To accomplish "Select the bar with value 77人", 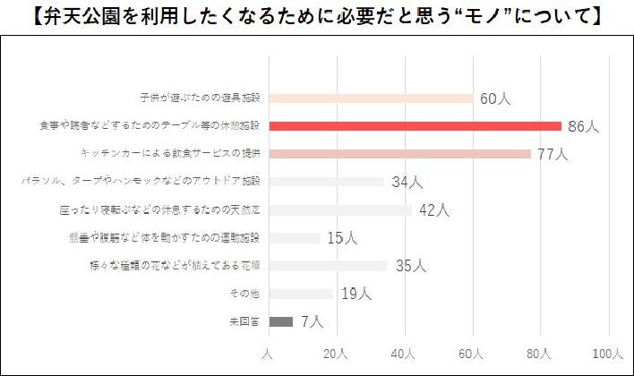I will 399,154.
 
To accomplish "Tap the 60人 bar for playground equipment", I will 371,98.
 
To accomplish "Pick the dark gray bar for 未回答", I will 280,321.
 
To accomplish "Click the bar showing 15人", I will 294,238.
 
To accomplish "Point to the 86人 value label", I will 584,126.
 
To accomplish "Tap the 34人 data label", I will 407,183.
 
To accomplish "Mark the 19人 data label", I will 356,294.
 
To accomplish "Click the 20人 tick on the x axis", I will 335,355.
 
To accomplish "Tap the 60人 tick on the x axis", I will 472,355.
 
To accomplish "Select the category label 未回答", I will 246,321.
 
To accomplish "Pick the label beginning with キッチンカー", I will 170,154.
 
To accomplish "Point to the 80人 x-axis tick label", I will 540,355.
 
